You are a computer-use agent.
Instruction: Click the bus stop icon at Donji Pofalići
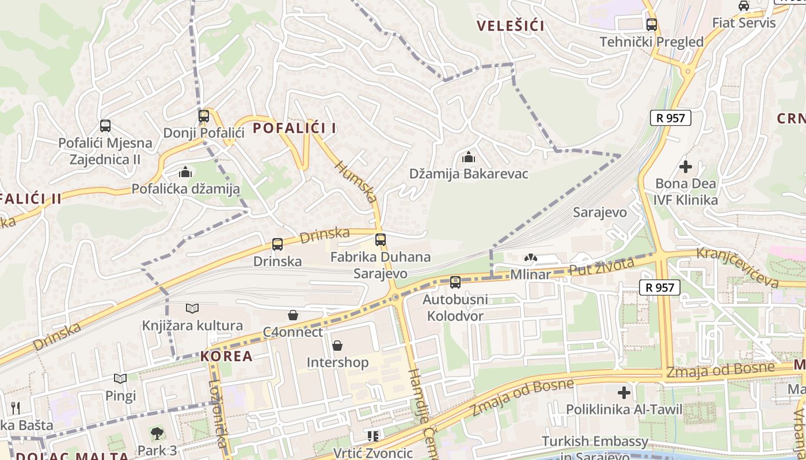coord(203,116)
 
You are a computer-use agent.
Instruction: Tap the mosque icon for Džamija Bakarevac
coord(469,156)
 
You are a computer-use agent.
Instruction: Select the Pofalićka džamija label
coord(185,189)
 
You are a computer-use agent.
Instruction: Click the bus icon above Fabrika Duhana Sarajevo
coord(380,240)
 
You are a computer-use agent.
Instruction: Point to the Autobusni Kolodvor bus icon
coord(455,282)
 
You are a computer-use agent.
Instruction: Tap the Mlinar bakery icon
coord(530,258)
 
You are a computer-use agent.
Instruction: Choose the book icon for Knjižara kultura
coord(192,309)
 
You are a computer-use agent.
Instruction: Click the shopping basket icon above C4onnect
coord(293,315)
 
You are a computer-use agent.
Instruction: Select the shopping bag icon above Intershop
coord(337,346)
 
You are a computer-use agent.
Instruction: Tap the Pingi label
coord(120,396)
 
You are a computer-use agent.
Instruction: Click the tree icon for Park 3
coord(157,433)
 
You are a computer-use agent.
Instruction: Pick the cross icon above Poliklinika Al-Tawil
coord(624,393)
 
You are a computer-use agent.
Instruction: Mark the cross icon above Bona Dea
coord(685,167)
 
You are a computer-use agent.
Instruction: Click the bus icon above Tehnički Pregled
coord(652,25)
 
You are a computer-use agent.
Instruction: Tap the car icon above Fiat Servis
coord(744,6)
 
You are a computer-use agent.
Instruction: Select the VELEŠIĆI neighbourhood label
coord(511,26)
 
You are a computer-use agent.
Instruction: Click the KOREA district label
coord(226,356)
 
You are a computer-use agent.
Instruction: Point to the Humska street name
coord(356,182)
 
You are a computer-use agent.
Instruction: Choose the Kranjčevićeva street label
coord(737,267)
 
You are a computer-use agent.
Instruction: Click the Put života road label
coord(602,267)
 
